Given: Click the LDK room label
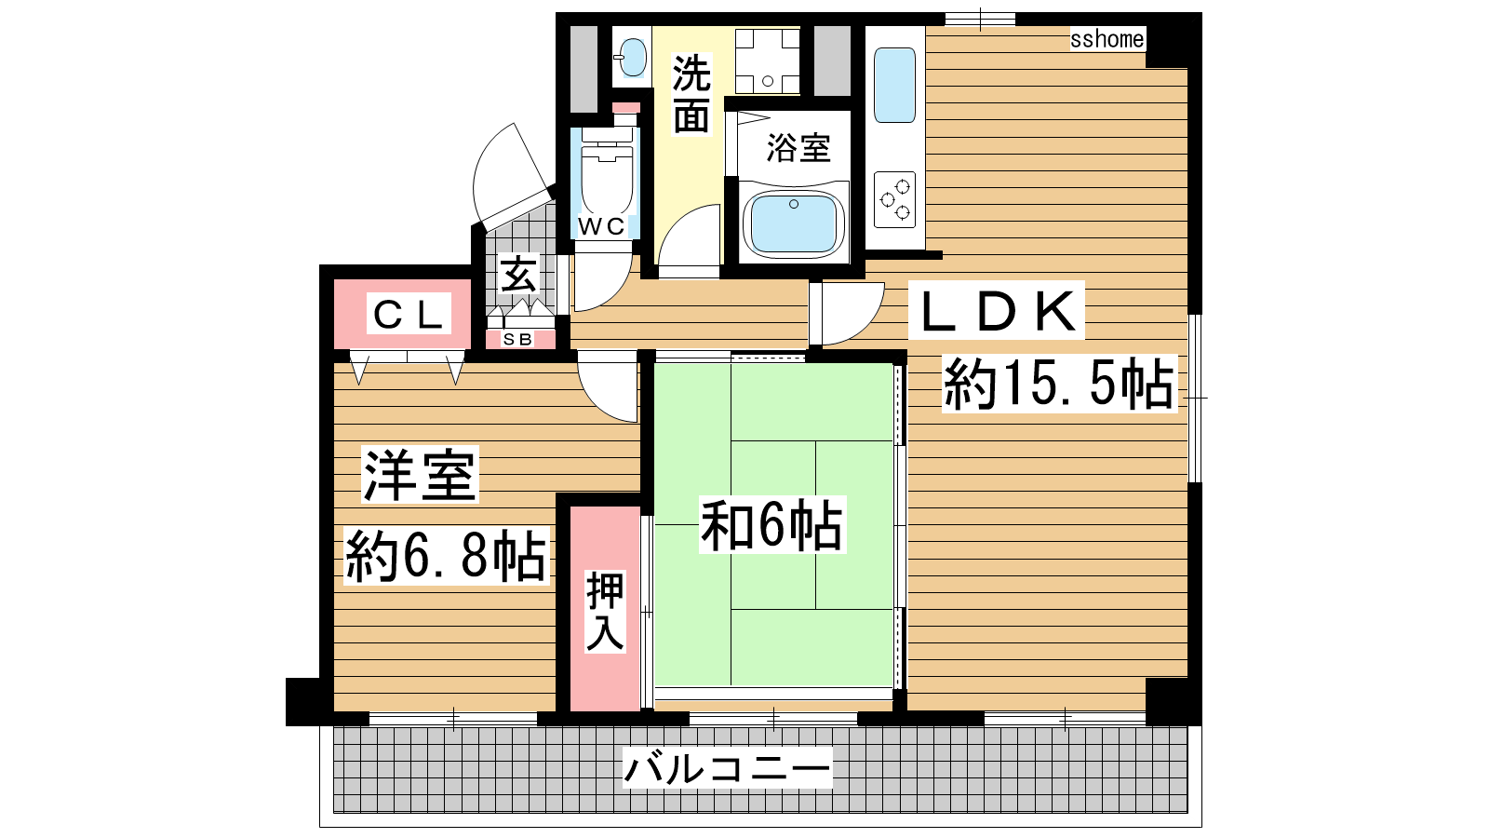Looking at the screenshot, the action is [x=998, y=311].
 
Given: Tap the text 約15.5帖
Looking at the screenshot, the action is [x=1059, y=384].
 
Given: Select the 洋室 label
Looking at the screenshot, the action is [x=420, y=474].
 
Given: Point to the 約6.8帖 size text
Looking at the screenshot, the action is [x=446, y=555].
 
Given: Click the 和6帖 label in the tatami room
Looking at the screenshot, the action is [x=771, y=525].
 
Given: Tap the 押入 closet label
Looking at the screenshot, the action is [x=605, y=611].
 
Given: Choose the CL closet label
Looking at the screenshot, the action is [x=409, y=315].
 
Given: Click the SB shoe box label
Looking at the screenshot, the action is [x=517, y=339].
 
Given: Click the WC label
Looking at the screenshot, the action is [x=601, y=226].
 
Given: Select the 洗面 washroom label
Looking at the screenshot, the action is [x=691, y=94].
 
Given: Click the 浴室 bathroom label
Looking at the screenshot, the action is [x=798, y=148].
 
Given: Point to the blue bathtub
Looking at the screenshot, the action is [x=794, y=223].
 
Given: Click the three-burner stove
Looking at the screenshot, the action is [x=894, y=199].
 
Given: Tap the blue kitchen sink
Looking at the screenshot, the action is [x=894, y=85].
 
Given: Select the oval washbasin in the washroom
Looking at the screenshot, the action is [x=632, y=57].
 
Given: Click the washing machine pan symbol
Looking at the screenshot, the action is [x=767, y=61].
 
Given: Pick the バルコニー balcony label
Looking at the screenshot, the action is [x=727, y=769].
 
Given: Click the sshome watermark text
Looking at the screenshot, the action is [x=1107, y=39].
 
